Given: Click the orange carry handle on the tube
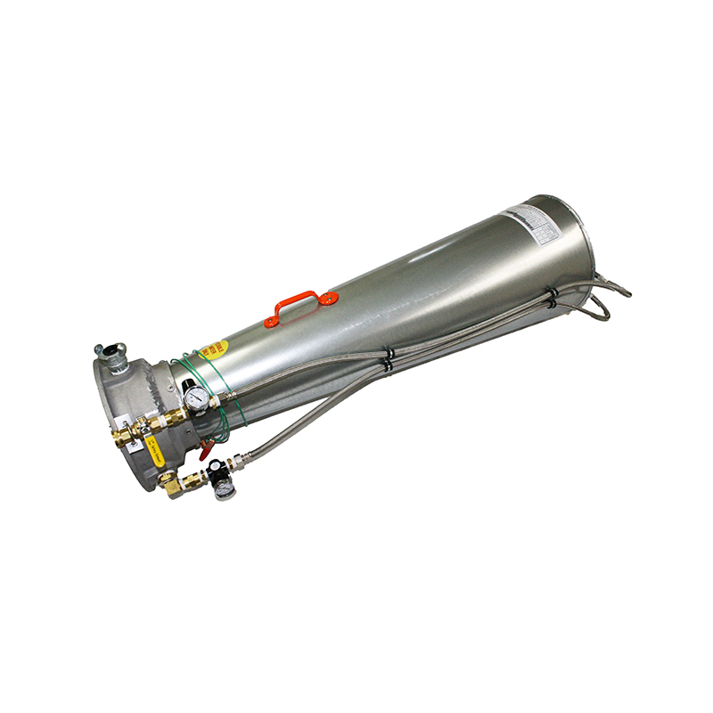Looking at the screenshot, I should pyautogui.click(x=300, y=299).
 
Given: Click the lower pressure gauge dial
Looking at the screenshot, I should pyautogui.click(x=225, y=488).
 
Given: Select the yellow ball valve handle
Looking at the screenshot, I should pyautogui.click(x=155, y=453).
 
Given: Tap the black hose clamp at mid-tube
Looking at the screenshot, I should pyautogui.click(x=389, y=358).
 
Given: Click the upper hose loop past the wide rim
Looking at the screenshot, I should pyautogui.click(x=615, y=287).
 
